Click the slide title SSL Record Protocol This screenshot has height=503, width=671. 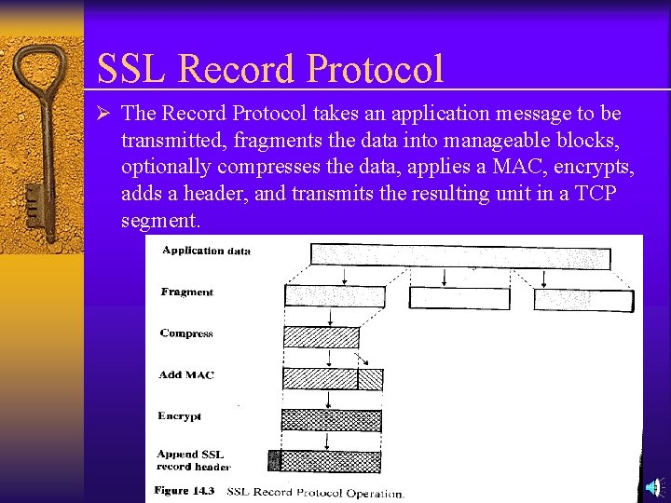tap(270, 68)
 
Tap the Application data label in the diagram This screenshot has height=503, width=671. tap(206, 251)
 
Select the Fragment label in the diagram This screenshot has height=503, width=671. tap(186, 292)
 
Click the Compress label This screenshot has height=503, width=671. tap(186, 333)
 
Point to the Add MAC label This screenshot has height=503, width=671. tap(186, 374)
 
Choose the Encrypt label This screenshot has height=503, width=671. tap(180, 416)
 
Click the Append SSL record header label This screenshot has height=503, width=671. tap(193, 461)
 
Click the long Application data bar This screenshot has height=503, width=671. tap(460, 256)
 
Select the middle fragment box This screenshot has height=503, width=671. tap(459, 298)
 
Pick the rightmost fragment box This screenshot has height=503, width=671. tap(583, 299)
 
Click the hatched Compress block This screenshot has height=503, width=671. tap(321, 337)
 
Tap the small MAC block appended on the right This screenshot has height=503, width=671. tap(370, 379)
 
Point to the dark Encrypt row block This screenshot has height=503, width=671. tap(332, 420)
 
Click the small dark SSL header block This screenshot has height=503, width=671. tap(274, 460)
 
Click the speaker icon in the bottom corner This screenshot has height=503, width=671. tap(654, 487)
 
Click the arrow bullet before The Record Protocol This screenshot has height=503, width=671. tap(105, 115)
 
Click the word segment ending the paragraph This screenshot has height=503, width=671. tap(160, 221)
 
